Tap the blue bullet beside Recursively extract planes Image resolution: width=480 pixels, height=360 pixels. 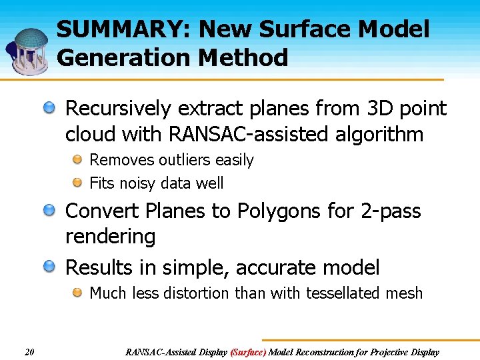[51, 107]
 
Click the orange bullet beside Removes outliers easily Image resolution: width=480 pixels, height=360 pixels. [78, 159]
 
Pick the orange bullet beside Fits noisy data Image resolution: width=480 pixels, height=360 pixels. [78, 182]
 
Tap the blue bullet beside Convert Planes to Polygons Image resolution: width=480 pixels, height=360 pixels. [51, 211]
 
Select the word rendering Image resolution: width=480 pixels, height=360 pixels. [111, 237]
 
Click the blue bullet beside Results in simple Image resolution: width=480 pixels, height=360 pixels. [51, 267]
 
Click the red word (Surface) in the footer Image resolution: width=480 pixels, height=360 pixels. [248, 352]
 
